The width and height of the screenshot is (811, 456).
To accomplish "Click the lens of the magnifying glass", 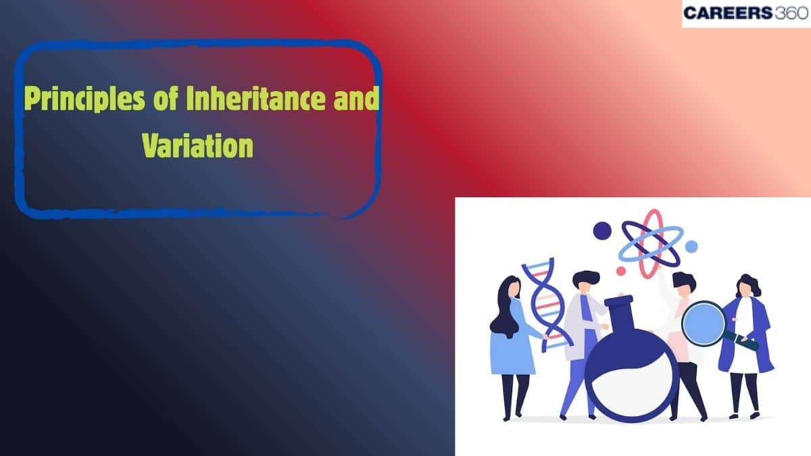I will [x=702, y=322].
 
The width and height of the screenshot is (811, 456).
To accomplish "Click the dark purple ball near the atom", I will [x=601, y=231].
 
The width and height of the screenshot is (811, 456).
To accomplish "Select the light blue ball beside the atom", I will [x=691, y=247].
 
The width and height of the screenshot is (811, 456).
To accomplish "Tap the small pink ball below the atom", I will [x=620, y=271].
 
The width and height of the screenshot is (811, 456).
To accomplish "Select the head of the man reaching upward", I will [x=683, y=284].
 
